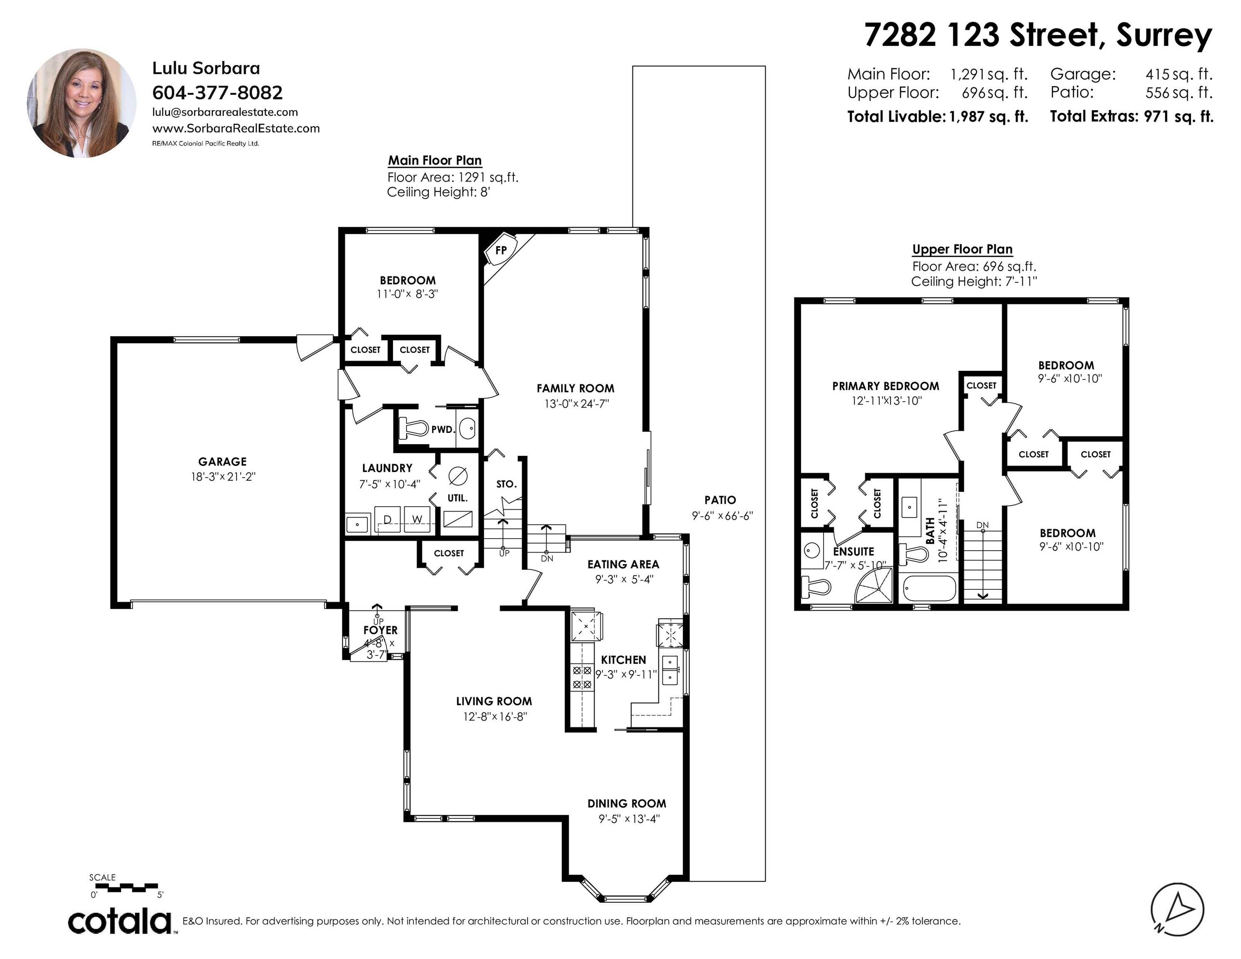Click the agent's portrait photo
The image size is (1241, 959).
[82, 103]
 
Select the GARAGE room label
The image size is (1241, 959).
[223, 462]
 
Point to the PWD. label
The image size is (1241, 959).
[443, 430]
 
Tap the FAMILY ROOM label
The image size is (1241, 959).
[576, 389]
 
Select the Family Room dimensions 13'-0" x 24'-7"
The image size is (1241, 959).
[576, 404]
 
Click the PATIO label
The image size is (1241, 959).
[720, 500]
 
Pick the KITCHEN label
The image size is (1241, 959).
[623, 660]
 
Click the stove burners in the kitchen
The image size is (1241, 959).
[582, 678]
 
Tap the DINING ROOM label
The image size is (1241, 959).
[627, 804]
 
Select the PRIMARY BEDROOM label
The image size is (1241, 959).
[886, 386]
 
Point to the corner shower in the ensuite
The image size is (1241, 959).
[874, 586]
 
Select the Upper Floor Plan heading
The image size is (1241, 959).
[962, 249]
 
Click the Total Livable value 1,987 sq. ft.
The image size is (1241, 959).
[989, 117]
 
